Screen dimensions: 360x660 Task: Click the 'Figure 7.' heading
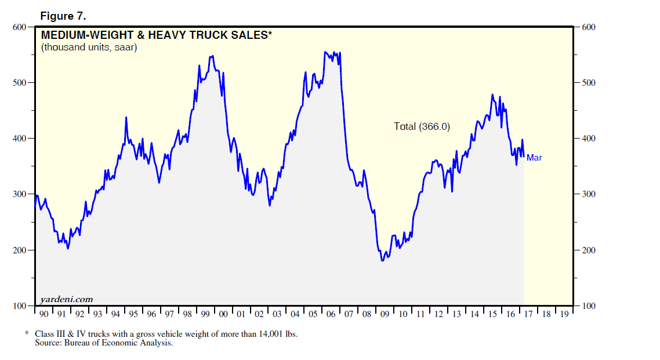click(x=63, y=16)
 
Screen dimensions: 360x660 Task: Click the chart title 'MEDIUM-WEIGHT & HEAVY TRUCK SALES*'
click(x=156, y=35)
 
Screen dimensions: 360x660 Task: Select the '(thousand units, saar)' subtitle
click(x=89, y=48)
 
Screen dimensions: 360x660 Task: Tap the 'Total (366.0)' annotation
click(x=422, y=126)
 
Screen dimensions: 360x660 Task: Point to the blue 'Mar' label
click(x=534, y=157)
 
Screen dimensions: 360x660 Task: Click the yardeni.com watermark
click(x=67, y=299)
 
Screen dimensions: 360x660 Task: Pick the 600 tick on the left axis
click(x=20, y=27)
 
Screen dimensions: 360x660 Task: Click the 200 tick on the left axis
click(x=20, y=250)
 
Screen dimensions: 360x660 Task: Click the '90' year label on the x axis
click(x=43, y=314)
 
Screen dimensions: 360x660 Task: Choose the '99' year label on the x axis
click(x=205, y=314)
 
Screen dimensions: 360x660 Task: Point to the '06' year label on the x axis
click(x=331, y=314)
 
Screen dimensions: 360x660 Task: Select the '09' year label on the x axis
click(x=385, y=314)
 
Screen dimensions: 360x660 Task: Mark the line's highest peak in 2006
click(x=325, y=52)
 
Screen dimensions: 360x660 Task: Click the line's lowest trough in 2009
click(x=382, y=261)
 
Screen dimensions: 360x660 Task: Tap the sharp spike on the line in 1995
click(x=126, y=117)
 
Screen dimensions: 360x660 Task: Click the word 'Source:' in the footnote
click(x=48, y=343)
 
